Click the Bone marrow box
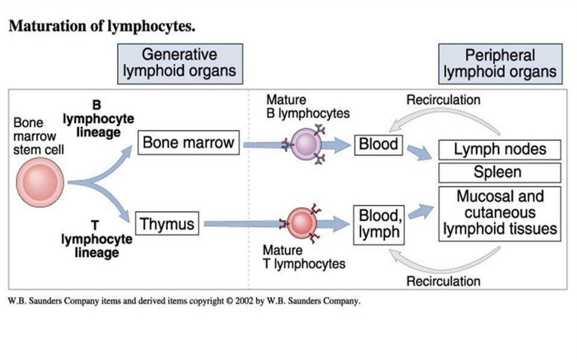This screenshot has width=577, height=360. click(188, 143)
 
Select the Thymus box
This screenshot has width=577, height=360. click(167, 224)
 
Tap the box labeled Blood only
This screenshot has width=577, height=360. click(379, 145)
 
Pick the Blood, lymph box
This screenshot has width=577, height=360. click(379, 224)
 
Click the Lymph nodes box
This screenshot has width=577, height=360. click(500, 150)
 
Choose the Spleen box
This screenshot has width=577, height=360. click(500, 172)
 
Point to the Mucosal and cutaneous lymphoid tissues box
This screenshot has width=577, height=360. click(500, 213)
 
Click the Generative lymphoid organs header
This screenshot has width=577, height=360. click(179, 64)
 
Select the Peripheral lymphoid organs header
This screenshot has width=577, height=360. click(500, 64)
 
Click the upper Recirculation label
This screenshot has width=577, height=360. click(443, 100)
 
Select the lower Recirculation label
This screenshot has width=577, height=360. click(443, 280)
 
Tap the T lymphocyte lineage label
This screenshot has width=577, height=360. click(97, 239)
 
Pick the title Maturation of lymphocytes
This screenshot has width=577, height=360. click(102, 26)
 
